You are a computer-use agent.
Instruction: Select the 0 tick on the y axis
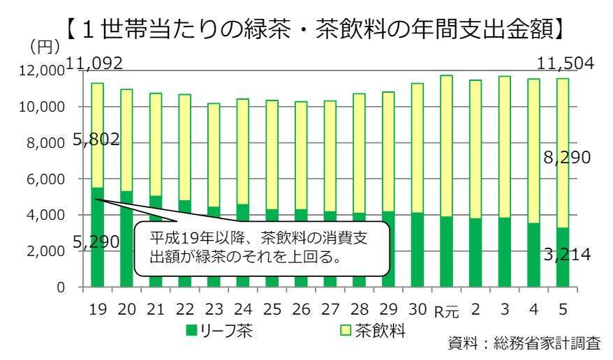61,287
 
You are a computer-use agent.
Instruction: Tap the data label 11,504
566,63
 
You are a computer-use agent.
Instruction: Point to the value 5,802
95,140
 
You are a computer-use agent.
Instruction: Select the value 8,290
566,158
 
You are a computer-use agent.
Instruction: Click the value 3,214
567,255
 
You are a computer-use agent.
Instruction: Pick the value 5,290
95,242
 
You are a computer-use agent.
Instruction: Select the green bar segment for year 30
416,250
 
